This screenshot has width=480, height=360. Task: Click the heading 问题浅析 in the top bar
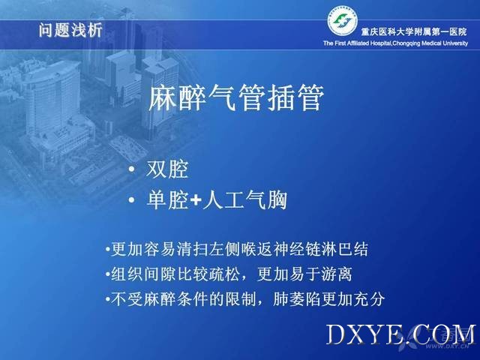tap(70, 31)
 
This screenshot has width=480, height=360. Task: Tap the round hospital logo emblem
tap(343, 21)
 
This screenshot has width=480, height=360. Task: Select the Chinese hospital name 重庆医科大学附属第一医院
tap(414, 31)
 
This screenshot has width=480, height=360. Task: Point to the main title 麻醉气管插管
tap(236, 97)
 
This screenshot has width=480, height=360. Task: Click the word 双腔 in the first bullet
tap(167, 169)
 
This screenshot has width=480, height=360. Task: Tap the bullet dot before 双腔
tap(132, 169)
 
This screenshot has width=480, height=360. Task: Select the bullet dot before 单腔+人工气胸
tap(132, 200)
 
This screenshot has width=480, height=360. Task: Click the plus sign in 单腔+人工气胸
tap(196, 200)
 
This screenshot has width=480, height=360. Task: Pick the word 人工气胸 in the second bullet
tap(245, 200)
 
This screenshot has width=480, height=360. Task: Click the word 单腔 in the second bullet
tap(167, 200)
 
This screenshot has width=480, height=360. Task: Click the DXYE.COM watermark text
tap(400, 335)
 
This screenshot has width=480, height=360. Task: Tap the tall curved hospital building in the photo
tap(52, 98)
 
